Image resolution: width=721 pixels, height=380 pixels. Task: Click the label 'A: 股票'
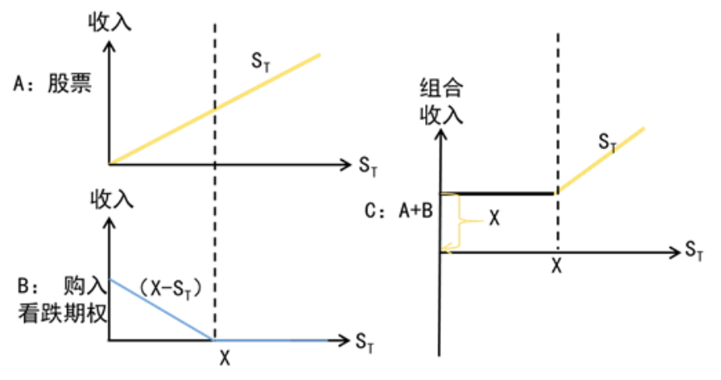click(52, 84)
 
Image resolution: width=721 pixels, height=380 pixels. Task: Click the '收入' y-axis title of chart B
click(110, 199)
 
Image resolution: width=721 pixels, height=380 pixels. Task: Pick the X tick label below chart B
click(224, 358)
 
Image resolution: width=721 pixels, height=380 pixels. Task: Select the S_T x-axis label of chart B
click(365, 341)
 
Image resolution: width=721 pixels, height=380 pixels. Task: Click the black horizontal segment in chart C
click(497, 193)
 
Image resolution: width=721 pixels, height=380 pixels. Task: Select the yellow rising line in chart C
click(601, 159)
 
